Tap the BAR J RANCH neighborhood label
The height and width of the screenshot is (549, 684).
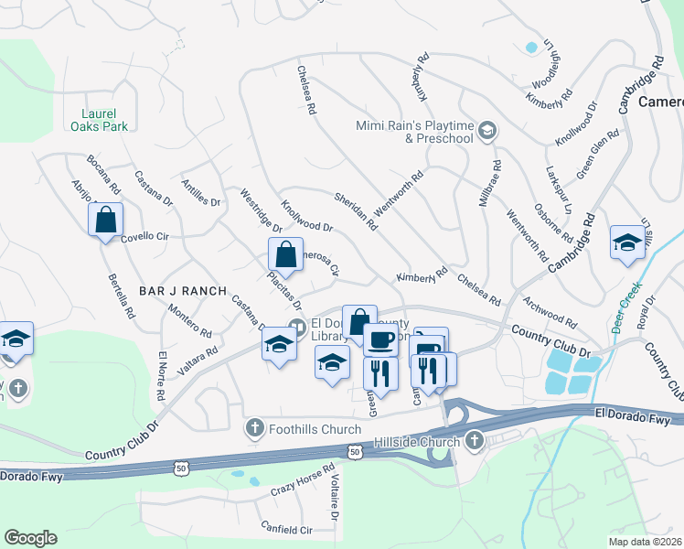click(183, 290)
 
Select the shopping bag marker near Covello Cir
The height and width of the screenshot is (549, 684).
click(105, 221)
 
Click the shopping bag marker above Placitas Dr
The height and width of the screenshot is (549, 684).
click(285, 255)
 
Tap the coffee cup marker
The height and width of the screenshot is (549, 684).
click(381, 340)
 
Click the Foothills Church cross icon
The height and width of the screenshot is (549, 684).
click(255, 427)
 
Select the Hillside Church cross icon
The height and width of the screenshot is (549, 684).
click(474, 442)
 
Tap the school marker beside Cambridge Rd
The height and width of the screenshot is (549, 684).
click(627, 243)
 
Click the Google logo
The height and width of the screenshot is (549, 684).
click(30, 537)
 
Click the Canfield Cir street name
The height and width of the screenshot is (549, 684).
click(286, 530)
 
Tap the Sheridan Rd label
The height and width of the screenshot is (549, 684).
click(358, 211)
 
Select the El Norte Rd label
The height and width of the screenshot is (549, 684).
click(161, 376)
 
